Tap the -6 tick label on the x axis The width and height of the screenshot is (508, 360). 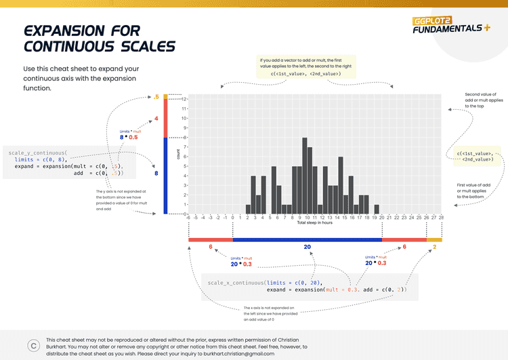pyautogui.click(x=188, y=218)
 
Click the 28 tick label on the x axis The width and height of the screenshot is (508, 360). pyautogui.click(x=442, y=218)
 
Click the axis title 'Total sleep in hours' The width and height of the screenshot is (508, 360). pyautogui.click(x=314, y=223)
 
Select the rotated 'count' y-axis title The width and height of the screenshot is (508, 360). pyautogui.click(x=178, y=155)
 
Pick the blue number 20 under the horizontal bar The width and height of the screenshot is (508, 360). pyautogui.click(x=307, y=247)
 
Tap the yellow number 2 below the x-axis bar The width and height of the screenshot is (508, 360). pyautogui.click(x=434, y=247)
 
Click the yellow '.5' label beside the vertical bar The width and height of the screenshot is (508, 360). pyautogui.click(x=156, y=98)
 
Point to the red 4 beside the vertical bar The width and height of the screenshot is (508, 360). pyautogui.click(x=156, y=119)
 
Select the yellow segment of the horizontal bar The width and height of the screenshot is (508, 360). pyautogui.click(x=434, y=239)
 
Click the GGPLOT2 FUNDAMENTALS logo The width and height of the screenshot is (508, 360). pyautogui.click(x=450, y=24)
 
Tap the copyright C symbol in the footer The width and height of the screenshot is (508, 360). pyautogui.click(x=33, y=345)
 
